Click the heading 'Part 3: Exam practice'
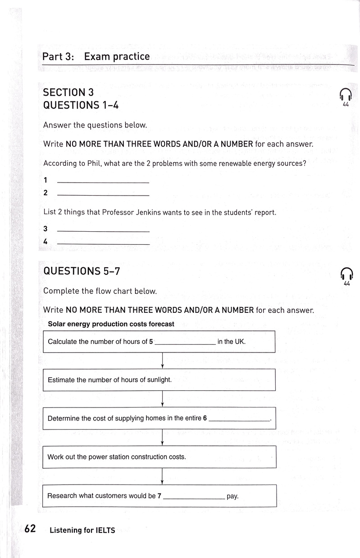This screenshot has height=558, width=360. click(x=96, y=57)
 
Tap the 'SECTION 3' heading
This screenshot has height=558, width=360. click(x=68, y=92)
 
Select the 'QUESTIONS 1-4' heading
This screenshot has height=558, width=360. click(x=81, y=105)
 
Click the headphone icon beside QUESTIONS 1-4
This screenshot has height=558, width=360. click(x=346, y=94)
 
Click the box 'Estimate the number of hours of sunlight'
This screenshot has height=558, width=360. click(x=159, y=380)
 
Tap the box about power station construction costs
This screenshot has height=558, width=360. click(x=159, y=457)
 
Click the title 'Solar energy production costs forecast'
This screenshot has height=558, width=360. click(x=111, y=324)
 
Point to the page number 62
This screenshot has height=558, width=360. click(x=30, y=529)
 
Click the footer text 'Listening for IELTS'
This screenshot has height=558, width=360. click(x=82, y=531)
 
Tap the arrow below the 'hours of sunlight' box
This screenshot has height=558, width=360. click(x=162, y=399)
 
